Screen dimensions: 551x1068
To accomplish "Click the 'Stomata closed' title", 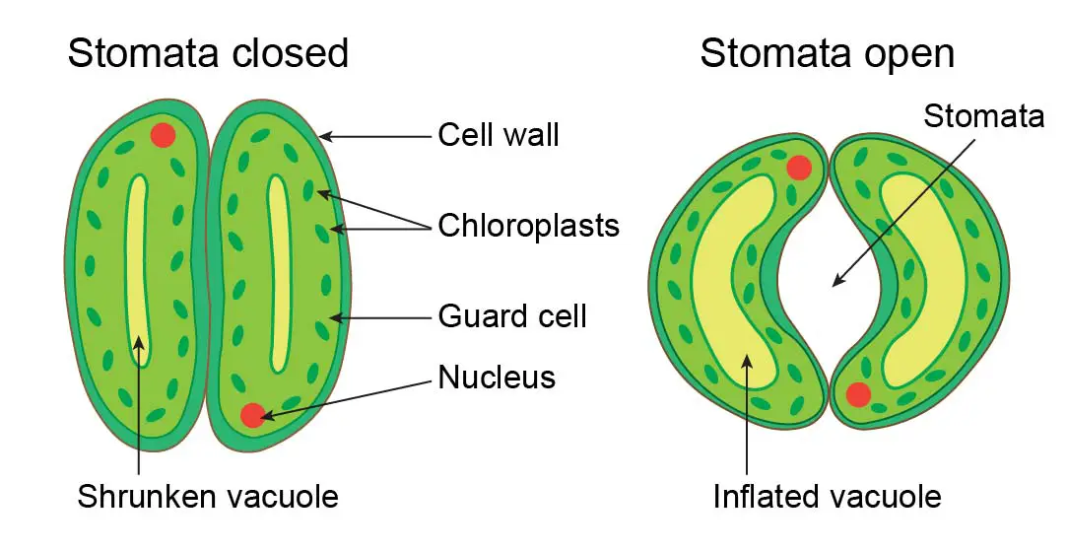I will click(x=208, y=52).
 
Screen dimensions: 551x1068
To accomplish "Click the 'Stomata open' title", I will click(x=827, y=52).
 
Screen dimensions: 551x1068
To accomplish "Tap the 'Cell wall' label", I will click(x=499, y=135).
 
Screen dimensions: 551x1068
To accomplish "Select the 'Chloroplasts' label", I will click(x=528, y=226).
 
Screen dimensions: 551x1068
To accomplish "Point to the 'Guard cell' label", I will click(x=512, y=316).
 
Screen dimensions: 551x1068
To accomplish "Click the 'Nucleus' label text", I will click(x=497, y=377).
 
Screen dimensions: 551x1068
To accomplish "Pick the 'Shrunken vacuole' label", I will click(x=208, y=496).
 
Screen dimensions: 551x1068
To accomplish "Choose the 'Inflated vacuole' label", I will click(x=827, y=496).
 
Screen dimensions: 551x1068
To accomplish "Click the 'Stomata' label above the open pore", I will click(x=982, y=116).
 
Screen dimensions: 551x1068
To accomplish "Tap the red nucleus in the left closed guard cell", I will click(x=164, y=135).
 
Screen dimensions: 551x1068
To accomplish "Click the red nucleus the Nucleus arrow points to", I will click(x=253, y=415).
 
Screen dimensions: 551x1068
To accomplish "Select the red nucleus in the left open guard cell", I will click(x=799, y=168).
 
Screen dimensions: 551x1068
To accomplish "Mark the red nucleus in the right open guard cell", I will click(x=858, y=394).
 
